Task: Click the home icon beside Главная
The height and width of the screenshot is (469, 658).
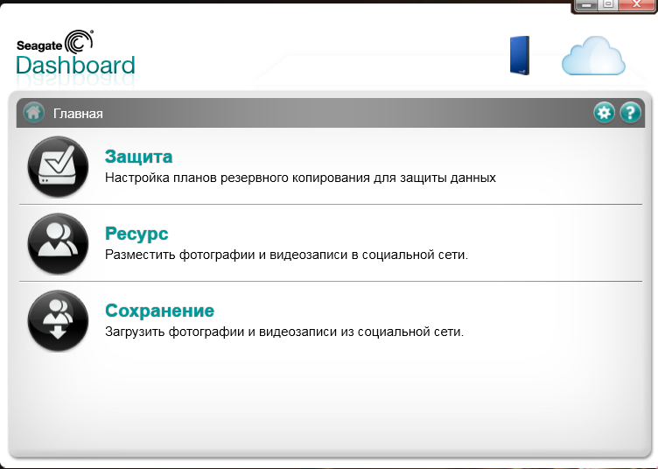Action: tap(33, 112)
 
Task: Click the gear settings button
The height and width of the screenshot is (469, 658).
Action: tap(604, 112)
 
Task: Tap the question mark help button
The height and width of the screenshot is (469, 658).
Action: tap(630, 112)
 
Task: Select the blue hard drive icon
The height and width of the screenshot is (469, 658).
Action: tap(520, 55)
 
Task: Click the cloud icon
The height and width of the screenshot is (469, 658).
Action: tap(593, 56)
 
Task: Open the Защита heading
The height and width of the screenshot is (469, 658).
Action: tap(138, 157)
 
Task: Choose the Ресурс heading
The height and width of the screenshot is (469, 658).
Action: tap(136, 234)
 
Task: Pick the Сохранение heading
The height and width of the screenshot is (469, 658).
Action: tap(159, 311)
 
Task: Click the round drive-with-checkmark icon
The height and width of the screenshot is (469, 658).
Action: tap(58, 166)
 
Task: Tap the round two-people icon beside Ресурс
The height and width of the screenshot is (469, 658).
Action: tap(58, 244)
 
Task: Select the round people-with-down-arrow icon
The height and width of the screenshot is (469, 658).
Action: tap(58, 321)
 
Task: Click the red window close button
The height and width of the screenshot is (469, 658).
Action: tap(636, 4)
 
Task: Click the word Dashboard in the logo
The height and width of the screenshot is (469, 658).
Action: tap(75, 66)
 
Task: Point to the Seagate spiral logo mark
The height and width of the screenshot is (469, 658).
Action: tap(79, 41)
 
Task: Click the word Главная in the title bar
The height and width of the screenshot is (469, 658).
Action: tap(78, 114)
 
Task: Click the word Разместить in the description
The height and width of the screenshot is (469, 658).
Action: tap(140, 255)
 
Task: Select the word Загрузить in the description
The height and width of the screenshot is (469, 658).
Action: tap(135, 332)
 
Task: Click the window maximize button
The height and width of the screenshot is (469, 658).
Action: tap(608, 4)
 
